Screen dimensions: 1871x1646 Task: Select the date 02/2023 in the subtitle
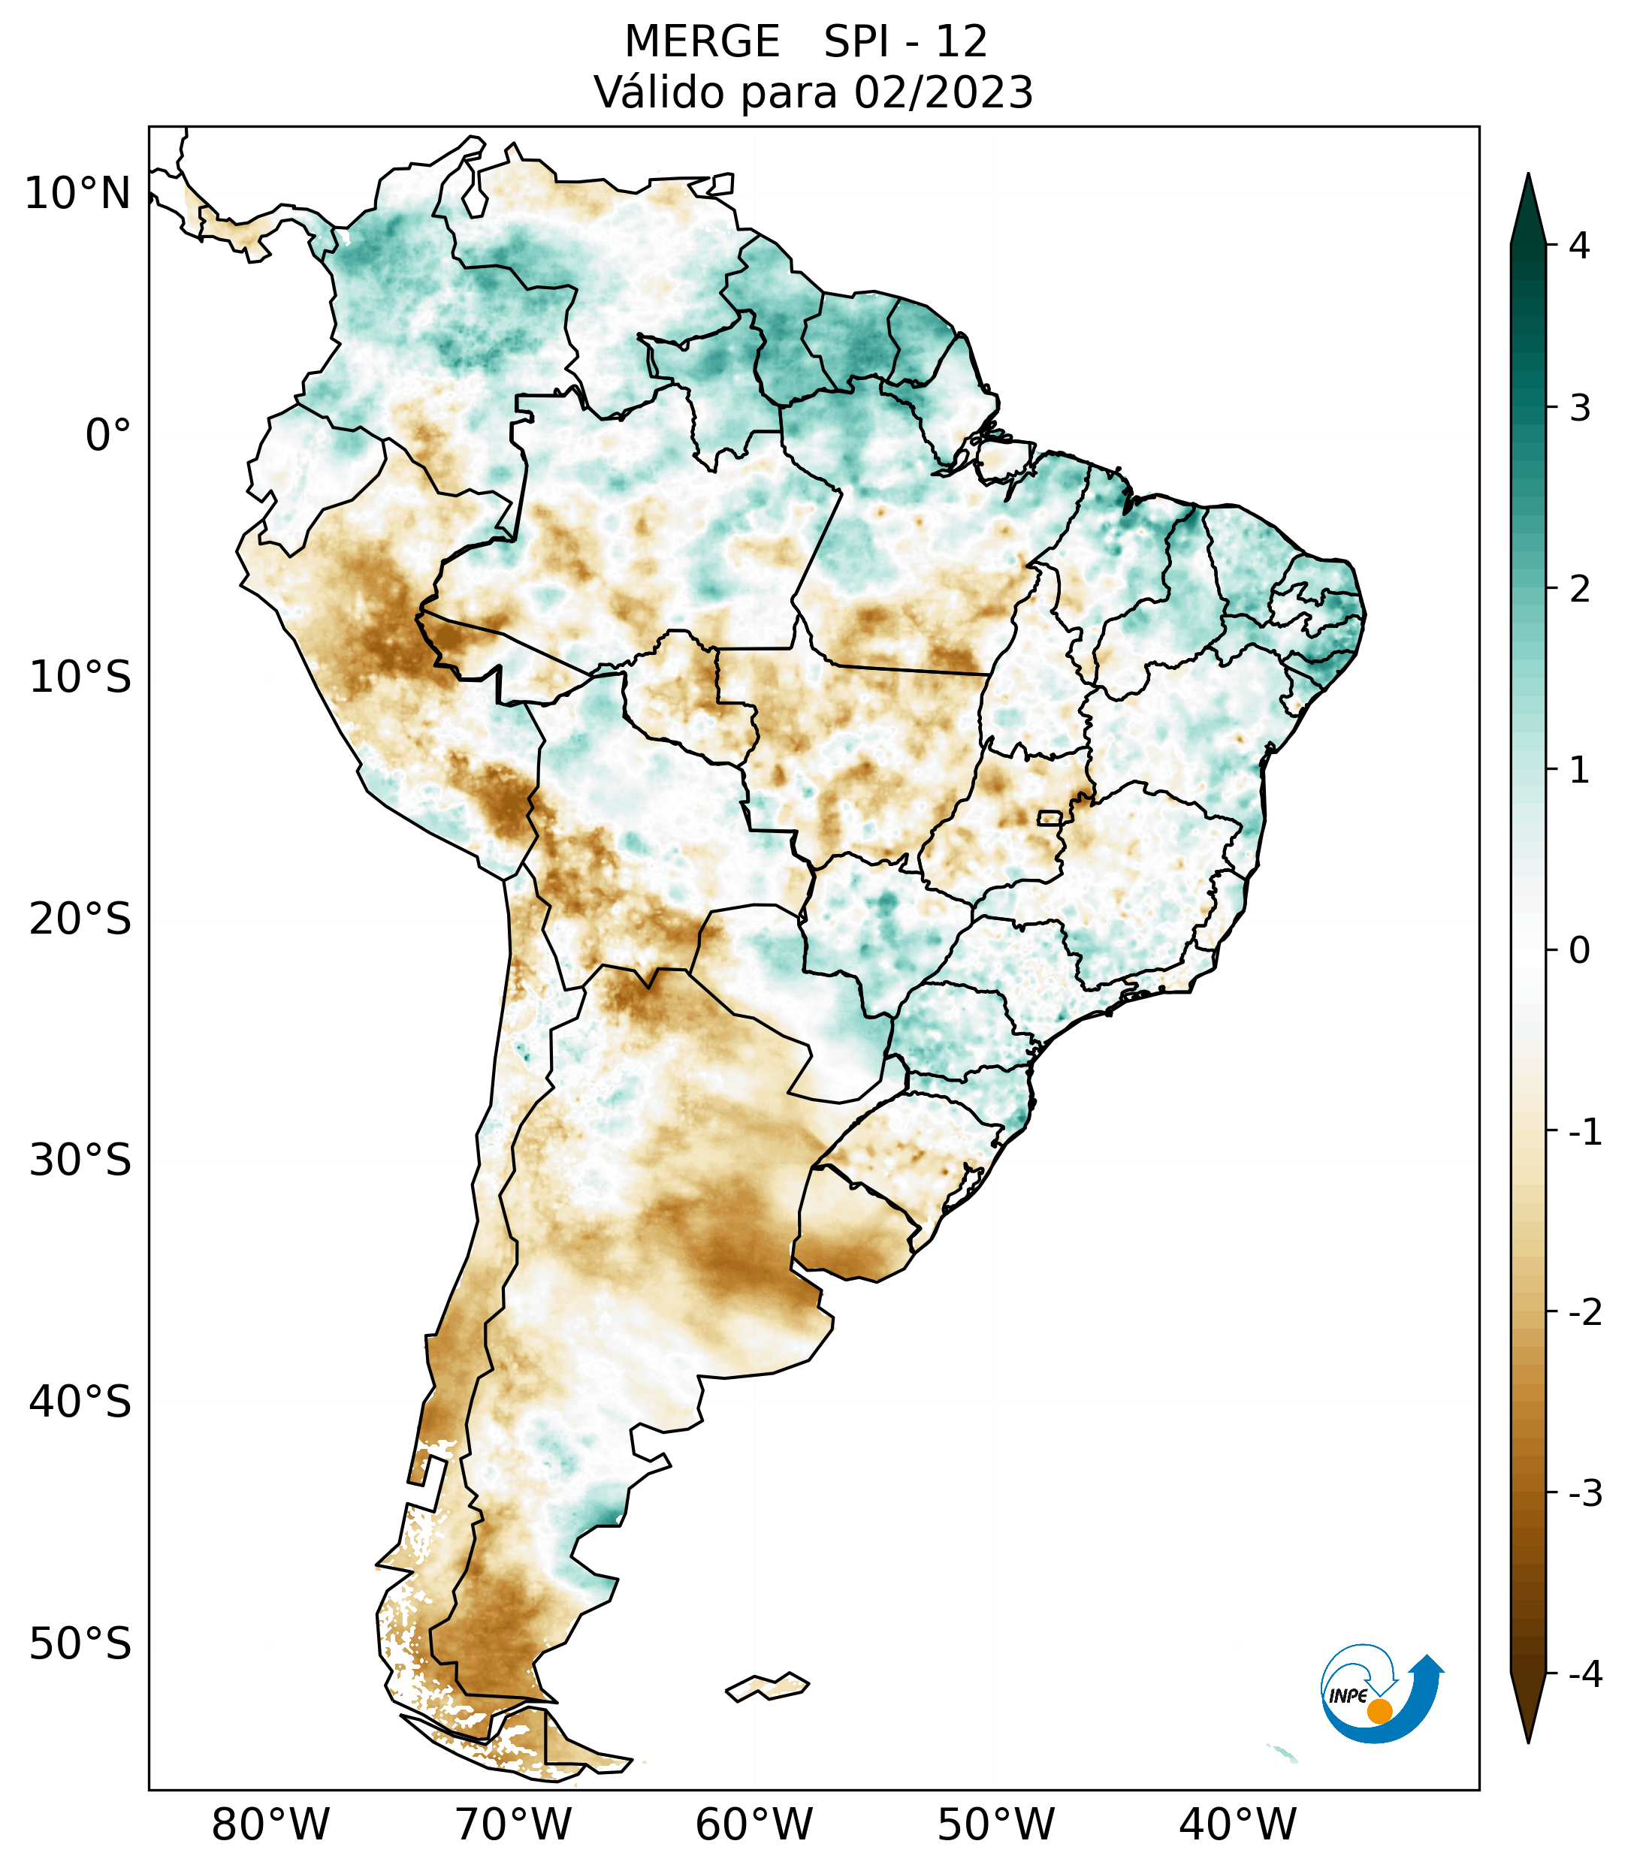tap(943, 92)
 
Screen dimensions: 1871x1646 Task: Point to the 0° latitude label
tap(108, 436)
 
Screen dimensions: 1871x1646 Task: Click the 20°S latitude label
tap(80, 919)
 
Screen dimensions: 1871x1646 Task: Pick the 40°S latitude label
tap(80, 1402)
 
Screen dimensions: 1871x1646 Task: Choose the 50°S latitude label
tap(80, 1645)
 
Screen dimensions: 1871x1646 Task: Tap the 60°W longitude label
tap(754, 1824)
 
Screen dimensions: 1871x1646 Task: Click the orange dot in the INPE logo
tap(1379, 1711)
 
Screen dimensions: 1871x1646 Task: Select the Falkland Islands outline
tap(767, 1686)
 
